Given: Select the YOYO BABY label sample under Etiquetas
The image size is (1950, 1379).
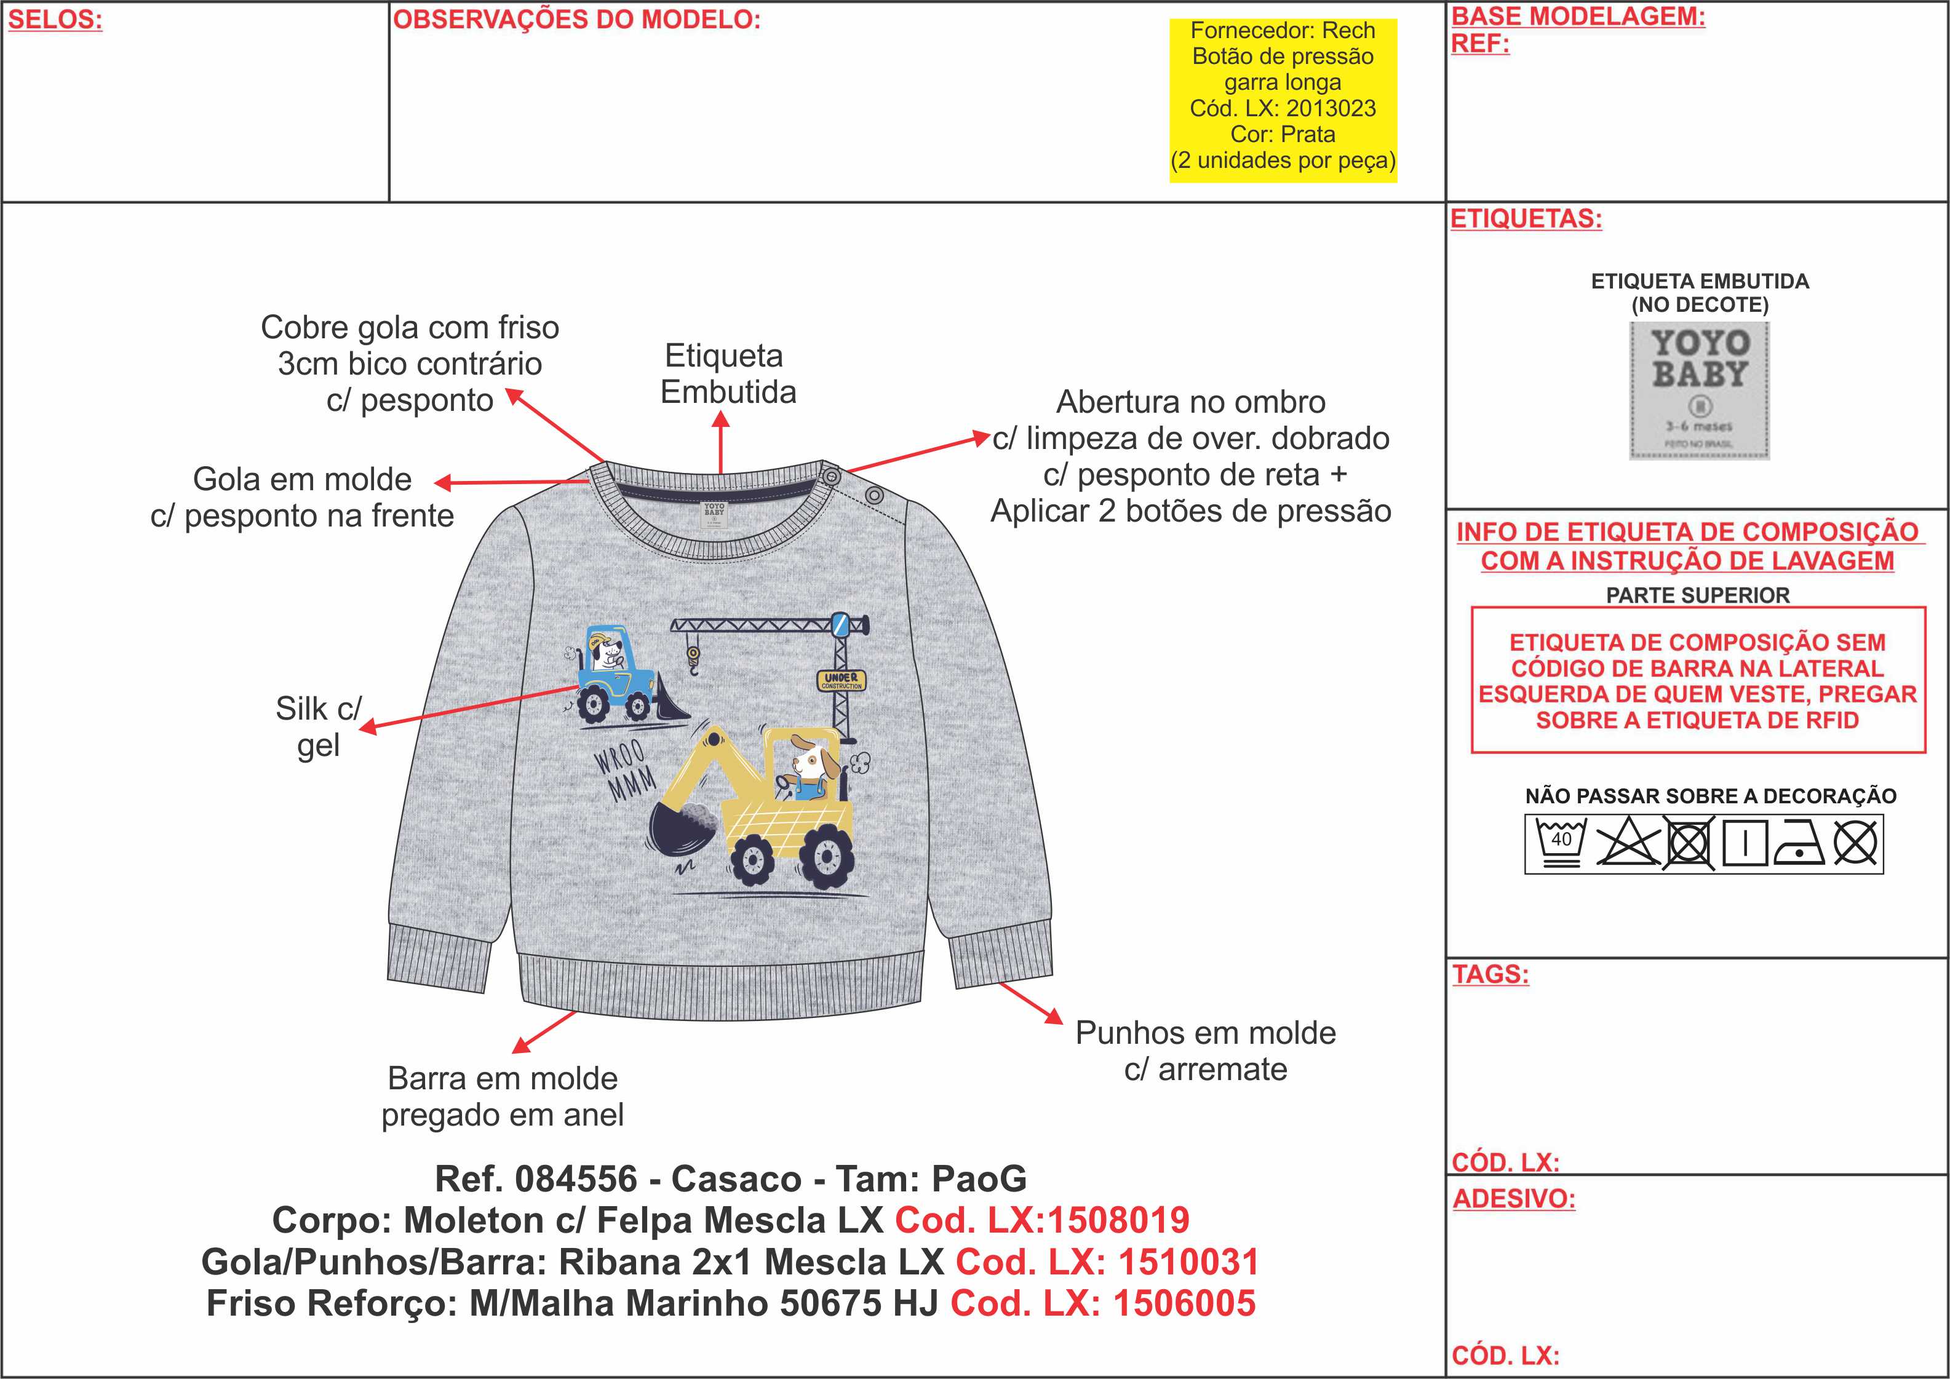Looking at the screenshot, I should tap(1698, 390).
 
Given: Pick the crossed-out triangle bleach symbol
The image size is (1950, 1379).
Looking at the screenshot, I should tap(1627, 844).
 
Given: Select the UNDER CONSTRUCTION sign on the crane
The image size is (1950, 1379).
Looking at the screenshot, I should tap(842, 680).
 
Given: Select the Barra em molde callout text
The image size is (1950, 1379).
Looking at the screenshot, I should tap(503, 1096).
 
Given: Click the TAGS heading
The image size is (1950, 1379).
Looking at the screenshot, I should tap(1490, 973).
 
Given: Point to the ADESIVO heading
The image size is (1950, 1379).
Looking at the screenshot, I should tap(1513, 1198).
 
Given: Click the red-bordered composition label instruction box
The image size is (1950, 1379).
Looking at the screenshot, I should tap(1698, 680).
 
